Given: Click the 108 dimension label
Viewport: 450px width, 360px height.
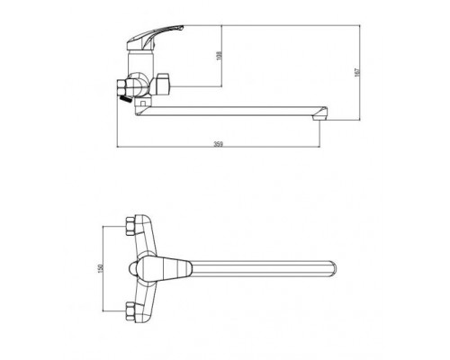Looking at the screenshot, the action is click(x=219, y=56).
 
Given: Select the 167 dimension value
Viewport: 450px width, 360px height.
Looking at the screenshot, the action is click(x=357, y=72).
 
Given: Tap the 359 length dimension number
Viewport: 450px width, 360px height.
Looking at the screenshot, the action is click(x=219, y=144).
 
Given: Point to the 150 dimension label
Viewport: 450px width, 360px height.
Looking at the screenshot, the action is click(x=101, y=268).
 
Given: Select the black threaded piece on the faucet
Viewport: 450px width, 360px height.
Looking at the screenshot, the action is click(x=125, y=98).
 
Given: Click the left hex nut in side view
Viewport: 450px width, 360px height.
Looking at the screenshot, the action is click(x=121, y=87).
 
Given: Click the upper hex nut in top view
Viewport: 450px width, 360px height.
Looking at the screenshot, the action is click(x=130, y=226).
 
